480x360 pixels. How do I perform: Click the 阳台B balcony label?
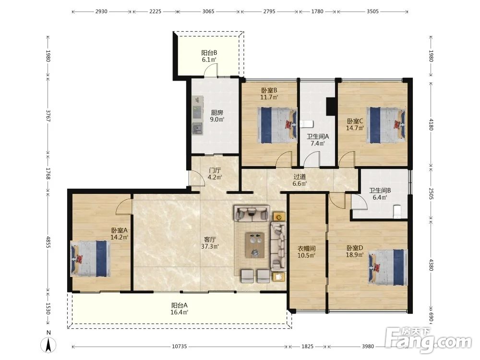click(x=209, y=53)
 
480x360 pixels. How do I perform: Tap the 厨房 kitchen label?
click(x=217, y=113)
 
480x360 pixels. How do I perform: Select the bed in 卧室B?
click(x=277, y=125)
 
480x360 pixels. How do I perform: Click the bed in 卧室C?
click(x=387, y=125)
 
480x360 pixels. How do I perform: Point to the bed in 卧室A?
click(x=91, y=259)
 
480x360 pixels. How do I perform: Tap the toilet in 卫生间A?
click(x=307, y=124)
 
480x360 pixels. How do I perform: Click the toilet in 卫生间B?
click(x=397, y=212)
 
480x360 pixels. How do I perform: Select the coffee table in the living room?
click(x=255, y=245)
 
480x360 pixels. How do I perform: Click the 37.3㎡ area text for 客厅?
click(x=210, y=246)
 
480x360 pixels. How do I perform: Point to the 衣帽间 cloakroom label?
click(x=307, y=249)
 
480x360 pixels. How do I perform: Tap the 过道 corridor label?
click(x=300, y=177)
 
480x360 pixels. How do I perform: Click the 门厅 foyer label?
click(x=215, y=170)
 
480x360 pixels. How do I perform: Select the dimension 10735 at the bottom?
click(x=180, y=347)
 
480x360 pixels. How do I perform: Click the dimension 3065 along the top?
click(x=208, y=12)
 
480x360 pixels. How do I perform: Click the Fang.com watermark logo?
click(x=429, y=340)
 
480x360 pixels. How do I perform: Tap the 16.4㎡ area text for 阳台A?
click(x=180, y=312)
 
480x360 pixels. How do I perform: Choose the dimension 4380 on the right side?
click(x=431, y=265)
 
